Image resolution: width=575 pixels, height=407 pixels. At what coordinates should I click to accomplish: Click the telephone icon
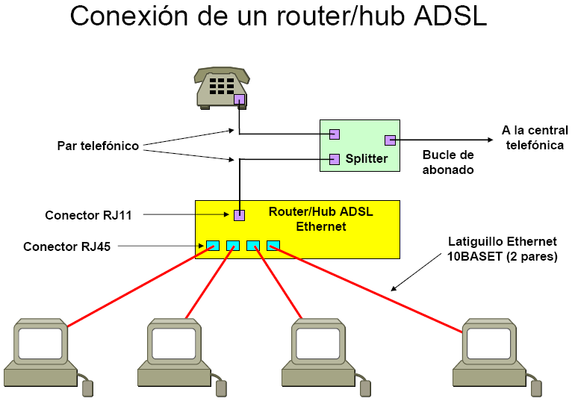click(220, 87)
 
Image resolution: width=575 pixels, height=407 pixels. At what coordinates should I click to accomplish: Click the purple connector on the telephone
click(239, 99)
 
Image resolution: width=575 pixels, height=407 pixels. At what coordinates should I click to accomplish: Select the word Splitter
click(367, 158)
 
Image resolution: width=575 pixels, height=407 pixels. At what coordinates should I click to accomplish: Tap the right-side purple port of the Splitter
click(390, 140)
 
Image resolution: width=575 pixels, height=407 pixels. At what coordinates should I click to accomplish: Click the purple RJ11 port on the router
click(239, 215)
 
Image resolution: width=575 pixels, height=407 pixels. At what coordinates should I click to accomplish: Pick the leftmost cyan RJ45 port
click(213, 245)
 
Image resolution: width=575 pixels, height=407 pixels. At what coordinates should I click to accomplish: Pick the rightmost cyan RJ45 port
click(273, 245)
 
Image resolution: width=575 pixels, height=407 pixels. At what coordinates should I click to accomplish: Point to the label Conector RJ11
click(88, 216)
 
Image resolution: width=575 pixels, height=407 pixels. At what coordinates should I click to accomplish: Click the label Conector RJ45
click(66, 246)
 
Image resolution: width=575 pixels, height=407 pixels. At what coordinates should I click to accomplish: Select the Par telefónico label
click(98, 146)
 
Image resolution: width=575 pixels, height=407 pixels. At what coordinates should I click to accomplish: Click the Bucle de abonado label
click(448, 162)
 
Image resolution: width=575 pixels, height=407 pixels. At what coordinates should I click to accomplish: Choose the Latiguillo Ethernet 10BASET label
click(502, 249)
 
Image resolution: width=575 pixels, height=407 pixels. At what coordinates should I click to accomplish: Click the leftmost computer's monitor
click(40, 343)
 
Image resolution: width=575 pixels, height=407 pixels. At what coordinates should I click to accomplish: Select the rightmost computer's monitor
click(489, 343)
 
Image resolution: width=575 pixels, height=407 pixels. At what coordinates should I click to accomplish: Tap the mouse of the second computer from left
click(221, 387)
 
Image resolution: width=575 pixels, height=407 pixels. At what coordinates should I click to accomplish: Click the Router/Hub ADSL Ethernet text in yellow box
click(320, 219)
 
